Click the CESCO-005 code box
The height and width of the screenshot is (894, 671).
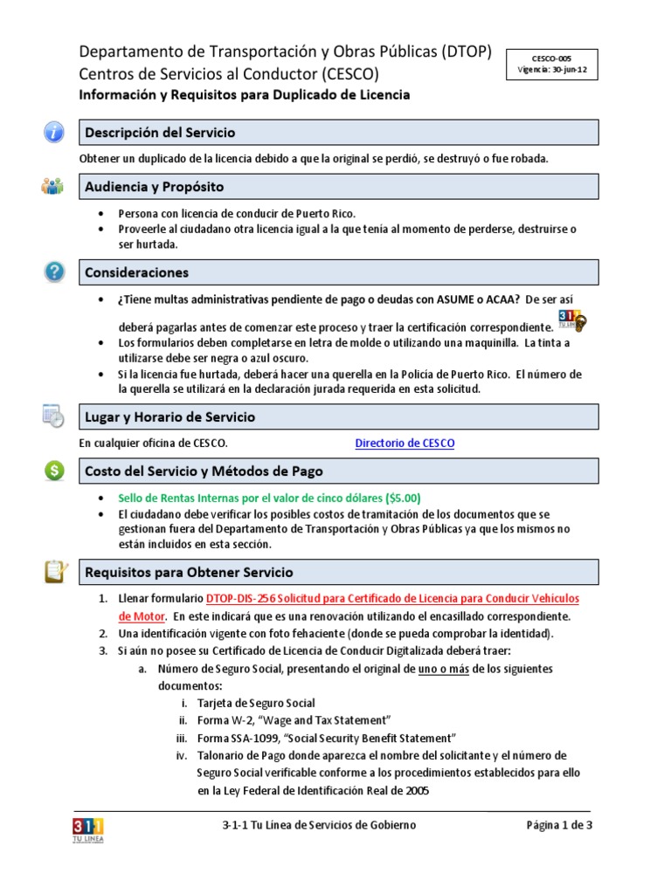point(551,65)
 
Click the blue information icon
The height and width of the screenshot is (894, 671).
point(54,133)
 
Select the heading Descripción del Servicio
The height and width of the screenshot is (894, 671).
point(159,133)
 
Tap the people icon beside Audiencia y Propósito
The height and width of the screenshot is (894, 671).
point(52,186)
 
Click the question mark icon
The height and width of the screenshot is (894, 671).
point(54,272)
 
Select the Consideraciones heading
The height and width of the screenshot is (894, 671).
point(136,272)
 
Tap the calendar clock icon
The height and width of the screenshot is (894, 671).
point(53,416)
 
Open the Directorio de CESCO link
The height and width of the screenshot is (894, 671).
point(405,444)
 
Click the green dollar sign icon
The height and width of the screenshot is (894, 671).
point(54,471)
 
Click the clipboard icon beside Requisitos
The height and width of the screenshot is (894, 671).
point(54,572)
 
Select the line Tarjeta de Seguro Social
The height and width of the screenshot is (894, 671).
point(256,703)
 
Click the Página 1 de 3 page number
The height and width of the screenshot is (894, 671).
point(559,825)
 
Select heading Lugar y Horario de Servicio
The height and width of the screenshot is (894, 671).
point(170,417)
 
